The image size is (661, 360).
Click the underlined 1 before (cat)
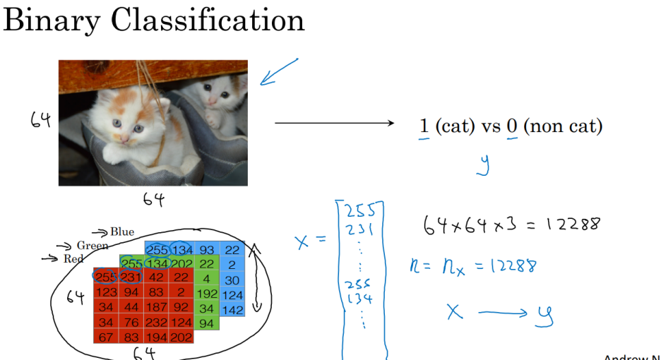424,127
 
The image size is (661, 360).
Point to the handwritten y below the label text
483,164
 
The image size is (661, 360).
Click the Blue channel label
121,232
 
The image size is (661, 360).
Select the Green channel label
93,246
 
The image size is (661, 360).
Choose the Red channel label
73,259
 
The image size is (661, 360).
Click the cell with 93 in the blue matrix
207,250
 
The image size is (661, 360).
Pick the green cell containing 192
207,294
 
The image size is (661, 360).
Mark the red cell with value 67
105,337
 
